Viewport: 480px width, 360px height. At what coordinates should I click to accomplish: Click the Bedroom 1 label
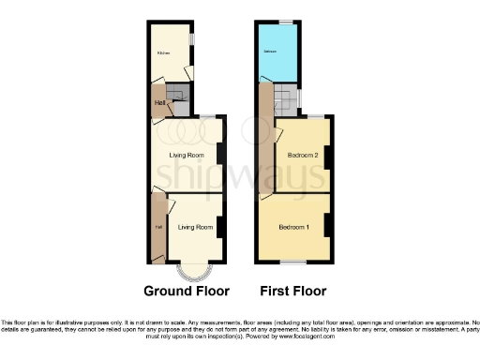pos(293,227)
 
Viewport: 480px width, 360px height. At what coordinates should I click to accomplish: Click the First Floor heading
pos(292,290)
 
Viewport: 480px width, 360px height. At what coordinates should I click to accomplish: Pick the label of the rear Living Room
pos(187,155)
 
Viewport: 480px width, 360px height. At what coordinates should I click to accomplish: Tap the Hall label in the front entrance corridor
pos(157,227)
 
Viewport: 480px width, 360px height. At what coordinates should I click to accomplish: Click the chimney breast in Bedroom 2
pos(327,155)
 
